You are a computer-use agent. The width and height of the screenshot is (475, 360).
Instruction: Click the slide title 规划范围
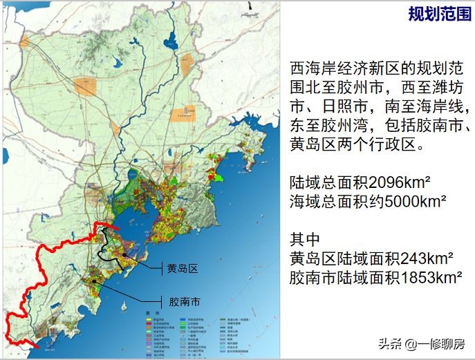point(438,15)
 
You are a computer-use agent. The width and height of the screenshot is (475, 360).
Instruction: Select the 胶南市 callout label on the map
point(185,302)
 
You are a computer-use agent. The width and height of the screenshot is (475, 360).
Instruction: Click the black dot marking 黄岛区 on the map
point(125,255)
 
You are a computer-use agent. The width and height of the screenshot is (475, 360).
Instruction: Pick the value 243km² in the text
point(424,258)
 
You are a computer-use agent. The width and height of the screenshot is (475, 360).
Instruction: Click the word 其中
point(306,240)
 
